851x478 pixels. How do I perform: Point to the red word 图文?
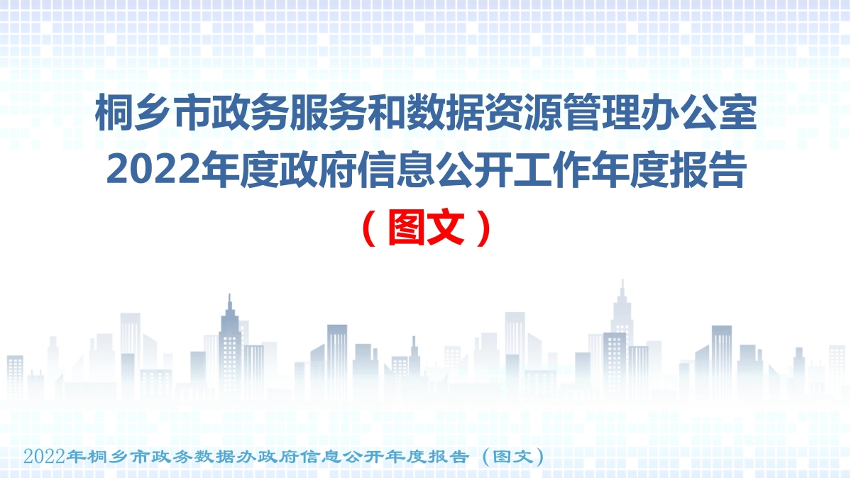tap(427, 228)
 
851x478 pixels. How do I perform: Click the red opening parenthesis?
tap(368, 228)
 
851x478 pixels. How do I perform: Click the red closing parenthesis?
tap(483, 228)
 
